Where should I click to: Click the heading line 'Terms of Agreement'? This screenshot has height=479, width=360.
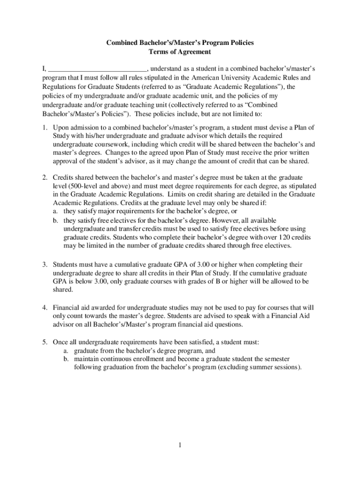tap(180, 52)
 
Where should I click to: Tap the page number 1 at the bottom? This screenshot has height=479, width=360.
tap(180, 445)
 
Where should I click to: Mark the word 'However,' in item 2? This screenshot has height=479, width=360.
tap(241, 220)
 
